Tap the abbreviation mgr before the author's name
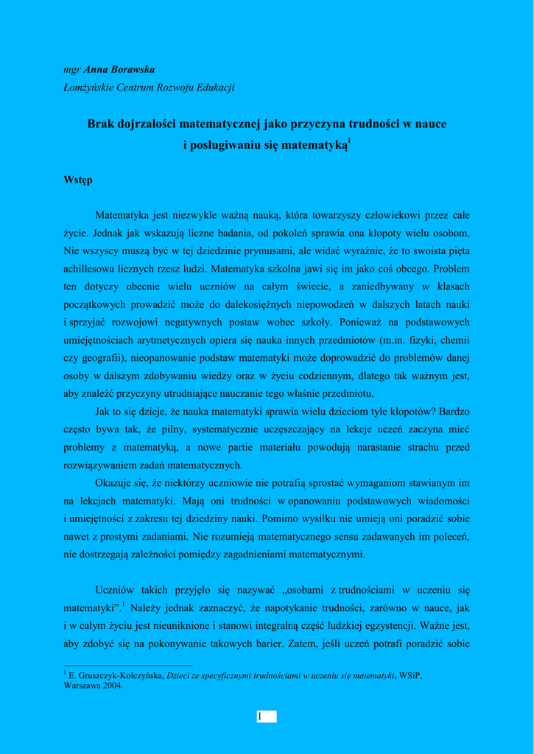tap(72, 70)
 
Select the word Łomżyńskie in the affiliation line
tap(89, 87)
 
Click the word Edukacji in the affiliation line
tap(216, 87)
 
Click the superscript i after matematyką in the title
tap(348, 140)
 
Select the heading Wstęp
tap(78, 180)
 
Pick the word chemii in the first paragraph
tap(456, 340)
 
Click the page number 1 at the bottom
tap(260, 716)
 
